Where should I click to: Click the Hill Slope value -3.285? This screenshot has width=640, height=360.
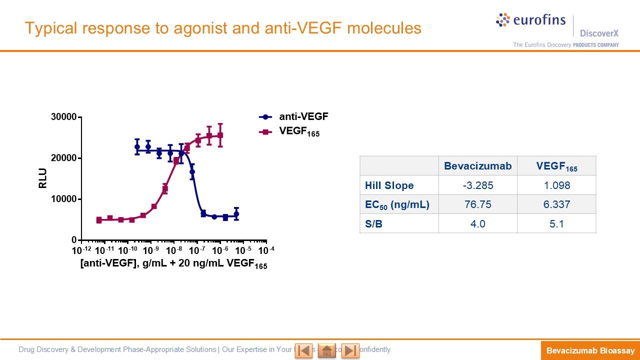(x=477, y=185)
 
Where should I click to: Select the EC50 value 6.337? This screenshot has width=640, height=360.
(x=556, y=204)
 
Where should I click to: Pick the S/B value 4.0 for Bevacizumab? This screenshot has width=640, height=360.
(x=477, y=223)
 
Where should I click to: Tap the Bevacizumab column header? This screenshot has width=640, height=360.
(x=477, y=166)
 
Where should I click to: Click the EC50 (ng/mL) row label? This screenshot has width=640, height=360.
(x=397, y=204)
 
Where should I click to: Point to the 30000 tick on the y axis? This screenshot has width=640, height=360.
(x=63, y=117)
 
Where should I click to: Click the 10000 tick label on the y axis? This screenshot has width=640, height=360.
(x=63, y=199)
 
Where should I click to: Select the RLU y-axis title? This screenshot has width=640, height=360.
(x=42, y=178)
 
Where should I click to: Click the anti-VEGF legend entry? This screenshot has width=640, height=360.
(x=303, y=117)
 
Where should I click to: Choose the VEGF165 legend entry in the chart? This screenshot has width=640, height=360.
(x=298, y=132)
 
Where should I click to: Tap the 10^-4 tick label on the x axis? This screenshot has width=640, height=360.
(x=265, y=250)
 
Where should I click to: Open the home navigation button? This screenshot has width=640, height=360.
(x=327, y=350)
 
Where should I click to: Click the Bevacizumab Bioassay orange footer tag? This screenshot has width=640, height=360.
(x=590, y=350)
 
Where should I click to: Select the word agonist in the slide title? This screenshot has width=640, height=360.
(x=199, y=28)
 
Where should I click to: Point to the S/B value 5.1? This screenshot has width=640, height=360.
(x=556, y=223)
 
